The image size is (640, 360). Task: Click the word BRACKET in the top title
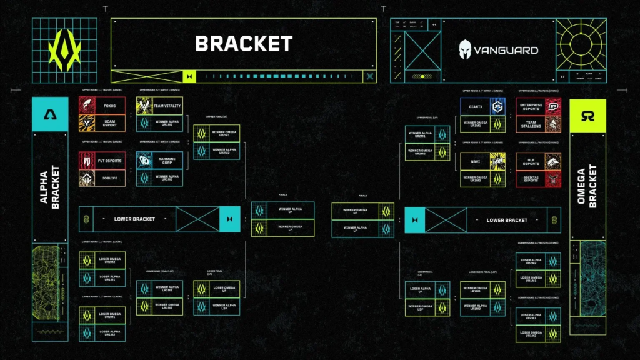[x=244, y=44]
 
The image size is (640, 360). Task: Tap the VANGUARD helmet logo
[x=465, y=49]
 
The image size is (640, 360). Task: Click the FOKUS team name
[x=109, y=106]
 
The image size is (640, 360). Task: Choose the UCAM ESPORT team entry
[x=109, y=123]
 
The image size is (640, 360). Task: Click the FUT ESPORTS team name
[x=109, y=161]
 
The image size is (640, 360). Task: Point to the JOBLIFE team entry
[x=109, y=178]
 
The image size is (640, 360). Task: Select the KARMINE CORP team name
[x=167, y=161]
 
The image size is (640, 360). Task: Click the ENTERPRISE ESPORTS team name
[x=530, y=106]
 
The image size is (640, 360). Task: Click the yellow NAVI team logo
[x=497, y=161]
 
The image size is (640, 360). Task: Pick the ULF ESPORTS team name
[x=530, y=161]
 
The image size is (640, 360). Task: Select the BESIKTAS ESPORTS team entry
[x=530, y=178]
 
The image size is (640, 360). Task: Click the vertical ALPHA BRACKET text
[x=50, y=187]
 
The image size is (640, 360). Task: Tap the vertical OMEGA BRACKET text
[x=587, y=187]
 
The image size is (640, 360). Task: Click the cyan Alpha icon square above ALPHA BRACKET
[x=50, y=115]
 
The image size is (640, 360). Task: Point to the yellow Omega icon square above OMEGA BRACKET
[x=587, y=115]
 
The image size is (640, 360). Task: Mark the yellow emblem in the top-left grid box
[x=65, y=50]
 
